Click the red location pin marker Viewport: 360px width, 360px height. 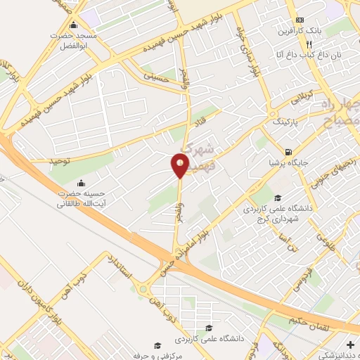point(180,165)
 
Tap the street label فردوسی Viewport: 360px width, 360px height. point(285,280)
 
